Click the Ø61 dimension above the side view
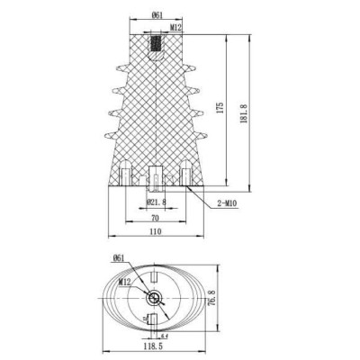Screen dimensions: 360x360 [157, 15]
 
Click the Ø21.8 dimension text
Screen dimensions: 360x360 [158, 202]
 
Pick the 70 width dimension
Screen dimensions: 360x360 [155, 218]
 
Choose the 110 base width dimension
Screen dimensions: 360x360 [155, 232]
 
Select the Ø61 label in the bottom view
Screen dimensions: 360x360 [120, 259]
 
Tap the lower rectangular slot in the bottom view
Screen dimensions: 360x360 [156, 319]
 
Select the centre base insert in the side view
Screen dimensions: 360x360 [156, 178]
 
